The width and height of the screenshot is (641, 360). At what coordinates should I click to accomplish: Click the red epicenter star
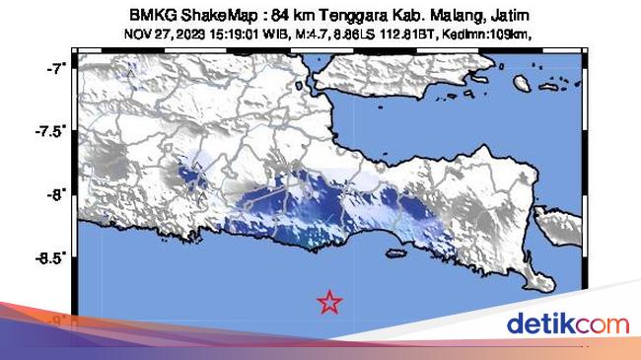pos(329,302)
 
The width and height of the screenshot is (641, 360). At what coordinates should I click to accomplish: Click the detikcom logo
pos(567,324)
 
